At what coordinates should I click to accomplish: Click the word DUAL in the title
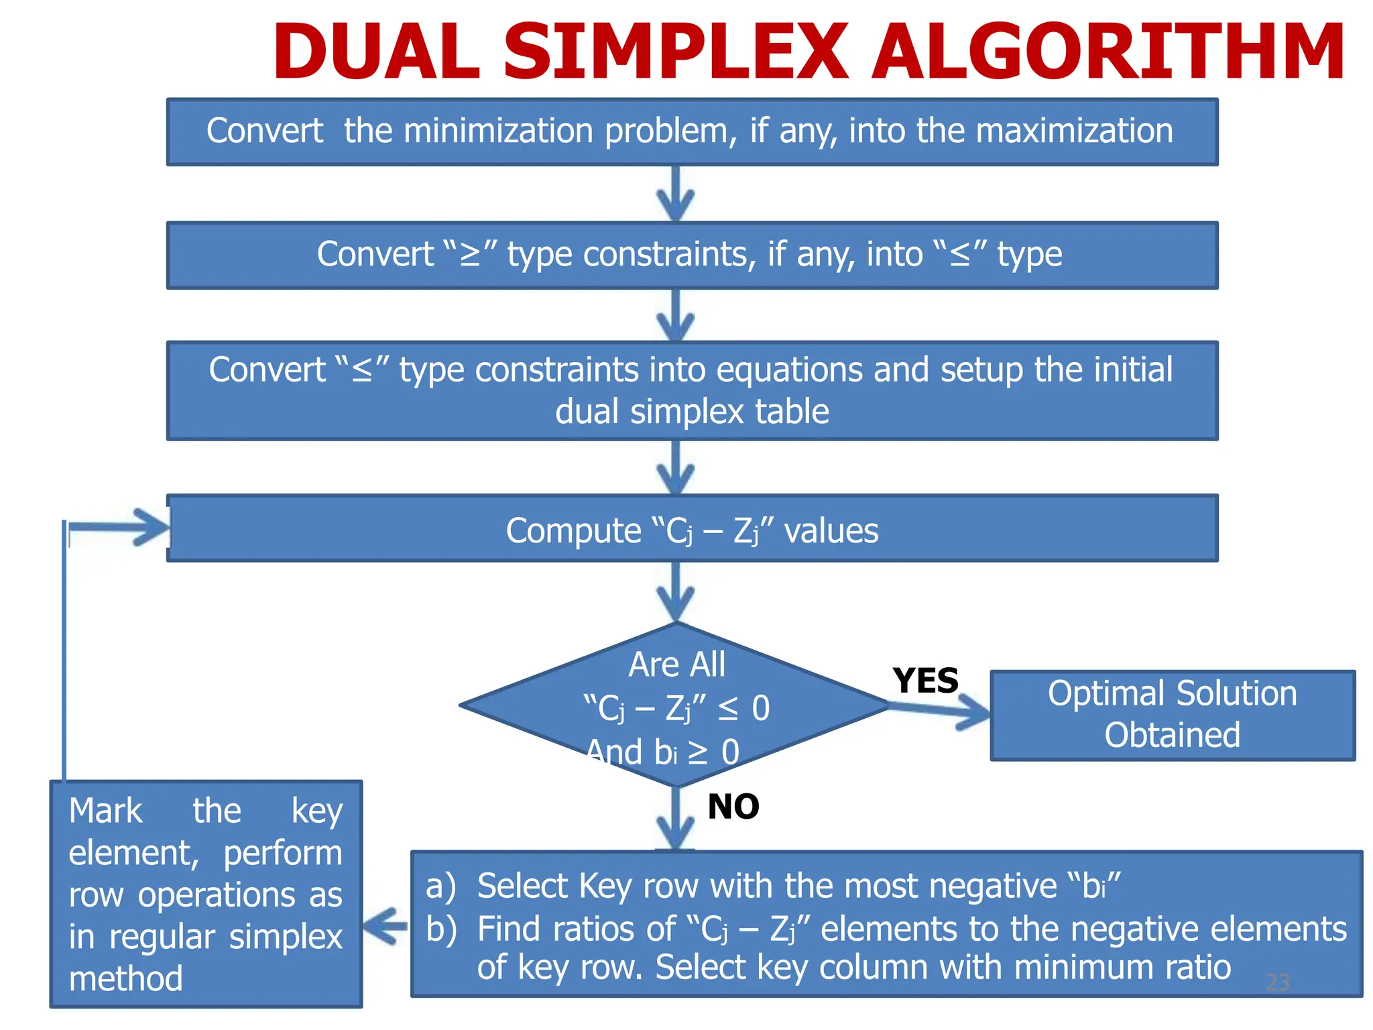click(376, 52)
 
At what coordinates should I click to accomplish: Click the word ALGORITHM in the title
click(1107, 52)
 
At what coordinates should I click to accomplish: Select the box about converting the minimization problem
click(692, 132)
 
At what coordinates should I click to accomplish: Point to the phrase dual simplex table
click(692, 411)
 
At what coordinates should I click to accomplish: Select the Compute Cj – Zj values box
click(692, 529)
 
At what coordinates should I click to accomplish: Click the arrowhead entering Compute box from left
click(151, 527)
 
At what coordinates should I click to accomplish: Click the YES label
click(925, 681)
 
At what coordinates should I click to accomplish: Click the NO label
click(733, 806)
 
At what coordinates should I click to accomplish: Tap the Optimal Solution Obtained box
click(1172, 715)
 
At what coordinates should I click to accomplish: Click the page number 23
click(1277, 982)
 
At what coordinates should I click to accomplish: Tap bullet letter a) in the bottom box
click(440, 886)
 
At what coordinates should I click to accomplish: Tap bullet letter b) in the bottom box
click(441, 929)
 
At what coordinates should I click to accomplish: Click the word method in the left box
click(126, 978)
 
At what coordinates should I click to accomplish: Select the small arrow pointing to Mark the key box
click(386, 927)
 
